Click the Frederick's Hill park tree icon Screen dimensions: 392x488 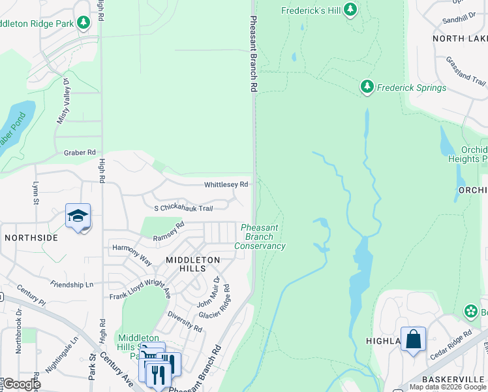[x=350, y=9]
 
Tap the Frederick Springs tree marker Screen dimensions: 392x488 [x=367, y=87]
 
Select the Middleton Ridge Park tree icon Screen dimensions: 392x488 [x=83, y=24]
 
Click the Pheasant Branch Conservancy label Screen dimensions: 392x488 [x=260, y=237]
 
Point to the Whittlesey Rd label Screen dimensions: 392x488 [x=226, y=185]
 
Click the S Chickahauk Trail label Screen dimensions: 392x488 [x=183, y=208]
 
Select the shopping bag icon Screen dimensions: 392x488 [x=413, y=339]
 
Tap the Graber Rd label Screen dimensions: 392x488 [x=80, y=153]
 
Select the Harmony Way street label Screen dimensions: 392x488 [x=132, y=253]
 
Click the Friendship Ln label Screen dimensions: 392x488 [x=72, y=285]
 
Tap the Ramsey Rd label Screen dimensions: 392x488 [x=169, y=232]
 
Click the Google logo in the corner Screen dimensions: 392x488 [x=21, y=384]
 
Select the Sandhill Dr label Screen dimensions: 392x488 [x=459, y=20]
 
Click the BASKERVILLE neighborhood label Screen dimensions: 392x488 [x=450, y=380]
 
